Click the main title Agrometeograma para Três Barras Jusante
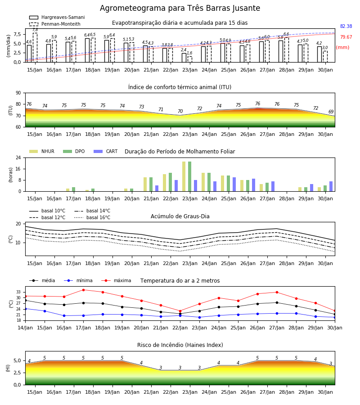pyautogui.click(x=180, y=8)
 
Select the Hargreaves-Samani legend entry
pyautogui.click(x=57, y=17)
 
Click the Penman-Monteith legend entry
pyautogui.click(x=55, y=24)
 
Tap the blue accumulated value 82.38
pyautogui.click(x=346, y=27)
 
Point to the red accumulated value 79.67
pyautogui.click(x=346, y=37)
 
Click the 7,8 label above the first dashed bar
pyautogui.click(x=35, y=30)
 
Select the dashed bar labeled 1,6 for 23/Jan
pyautogui.click(x=190, y=59)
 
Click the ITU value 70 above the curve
pyautogui.click(x=180, y=111)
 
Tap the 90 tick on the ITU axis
pyautogui.click(x=18, y=93)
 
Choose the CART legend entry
pyautogui.click(x=106, y=151)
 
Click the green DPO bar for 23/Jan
pyautogui.click(x=190, y=176)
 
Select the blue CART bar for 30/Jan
pyautogui.click(x=331, y=186)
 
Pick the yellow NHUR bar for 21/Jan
pyautogui.click(x=145, y=184)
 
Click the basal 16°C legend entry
pyautogui.click(x=92, y=218)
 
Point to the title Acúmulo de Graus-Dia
pyautogui.click(x=180, y=216)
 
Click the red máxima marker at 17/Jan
pyautogui.click(x=83, y=290)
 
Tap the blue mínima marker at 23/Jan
pyautogui.click(x=199, y=317)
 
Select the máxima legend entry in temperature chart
pyautogui.click(x=116, y=280)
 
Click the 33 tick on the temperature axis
pyautogui.click(x=18, y=292)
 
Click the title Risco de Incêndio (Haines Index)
pyautogui.click(x=180, y=345)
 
